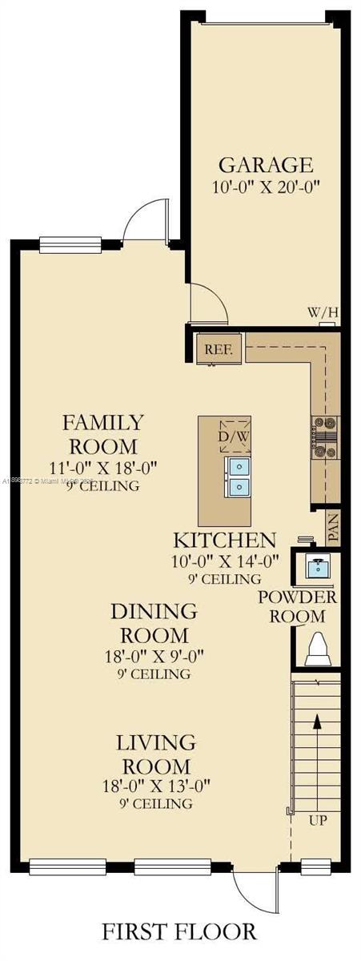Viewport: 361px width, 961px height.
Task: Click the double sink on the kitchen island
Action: coord(239,476)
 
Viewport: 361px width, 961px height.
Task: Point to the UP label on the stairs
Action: coord(318,821)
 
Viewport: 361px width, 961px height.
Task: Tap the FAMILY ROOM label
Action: coord(103,433)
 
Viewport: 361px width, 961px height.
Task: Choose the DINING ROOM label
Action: coord(153,623)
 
